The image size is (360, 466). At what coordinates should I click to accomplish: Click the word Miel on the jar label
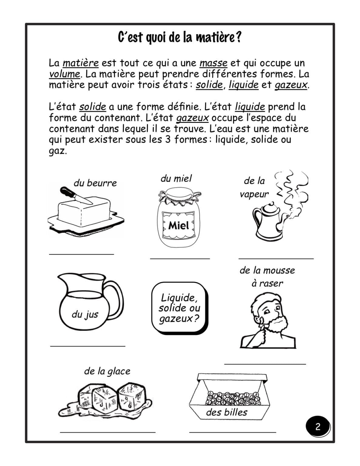pos(179,225)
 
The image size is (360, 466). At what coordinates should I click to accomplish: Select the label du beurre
pos(95,183)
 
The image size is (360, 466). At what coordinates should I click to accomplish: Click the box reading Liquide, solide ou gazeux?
pos(180,308)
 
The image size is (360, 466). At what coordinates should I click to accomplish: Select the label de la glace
pos(107,371)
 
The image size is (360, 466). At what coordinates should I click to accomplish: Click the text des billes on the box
pos(227,412)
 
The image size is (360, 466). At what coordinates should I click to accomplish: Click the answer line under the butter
pos(81,254)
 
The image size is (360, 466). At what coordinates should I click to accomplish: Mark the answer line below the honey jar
pos(180,258)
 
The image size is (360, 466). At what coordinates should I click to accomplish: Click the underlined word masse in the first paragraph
pos(214,63)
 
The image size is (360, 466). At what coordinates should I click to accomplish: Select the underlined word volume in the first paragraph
pos(65,74)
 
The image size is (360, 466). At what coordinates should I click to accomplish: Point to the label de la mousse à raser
pos(267,277)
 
